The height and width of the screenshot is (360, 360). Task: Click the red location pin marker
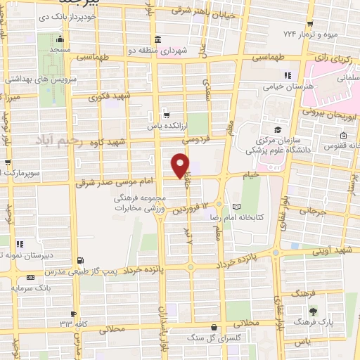click(181, 165)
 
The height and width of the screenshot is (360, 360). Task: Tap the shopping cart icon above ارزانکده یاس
click(166, 115)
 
